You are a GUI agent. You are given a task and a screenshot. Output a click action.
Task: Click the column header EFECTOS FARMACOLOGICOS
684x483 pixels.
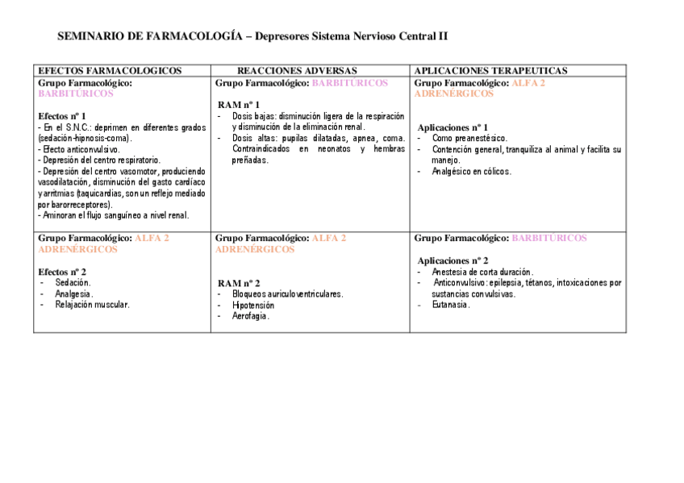(110, 71)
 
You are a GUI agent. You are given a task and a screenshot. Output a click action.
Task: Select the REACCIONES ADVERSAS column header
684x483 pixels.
(297, 71)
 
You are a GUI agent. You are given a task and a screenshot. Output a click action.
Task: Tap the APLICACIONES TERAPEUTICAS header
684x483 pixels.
(490, 71)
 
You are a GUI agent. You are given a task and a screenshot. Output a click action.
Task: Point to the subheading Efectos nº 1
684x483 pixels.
(62, 116)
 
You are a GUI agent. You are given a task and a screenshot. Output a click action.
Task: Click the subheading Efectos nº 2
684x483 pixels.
(62, 272)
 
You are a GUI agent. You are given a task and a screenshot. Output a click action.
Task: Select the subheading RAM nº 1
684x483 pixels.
(239, 105)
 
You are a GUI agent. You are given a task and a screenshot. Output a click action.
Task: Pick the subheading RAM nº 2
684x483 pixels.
(239, 283)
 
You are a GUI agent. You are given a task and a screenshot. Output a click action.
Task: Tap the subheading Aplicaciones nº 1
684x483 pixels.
(453, 127)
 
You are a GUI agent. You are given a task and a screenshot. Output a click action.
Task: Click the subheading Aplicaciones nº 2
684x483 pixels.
(453, 260)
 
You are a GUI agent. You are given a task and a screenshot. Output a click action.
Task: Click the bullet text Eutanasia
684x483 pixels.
(450, 305)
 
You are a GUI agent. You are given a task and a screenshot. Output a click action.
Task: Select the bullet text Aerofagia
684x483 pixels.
(251, 316)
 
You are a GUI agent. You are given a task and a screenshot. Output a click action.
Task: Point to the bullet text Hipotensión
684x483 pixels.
(253, 306)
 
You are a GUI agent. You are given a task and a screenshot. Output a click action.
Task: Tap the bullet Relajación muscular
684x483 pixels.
(92, 305)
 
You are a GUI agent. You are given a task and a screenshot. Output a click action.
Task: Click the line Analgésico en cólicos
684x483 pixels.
(471, 171)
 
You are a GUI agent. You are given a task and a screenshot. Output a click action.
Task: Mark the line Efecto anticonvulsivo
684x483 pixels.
(79, 149)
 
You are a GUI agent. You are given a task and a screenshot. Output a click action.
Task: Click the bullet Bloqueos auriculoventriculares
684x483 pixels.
(287, 294)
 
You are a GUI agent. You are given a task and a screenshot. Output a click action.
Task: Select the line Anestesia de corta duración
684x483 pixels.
(482, 272)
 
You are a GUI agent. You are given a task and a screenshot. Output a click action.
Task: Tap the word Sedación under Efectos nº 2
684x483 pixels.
(73, 283)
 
